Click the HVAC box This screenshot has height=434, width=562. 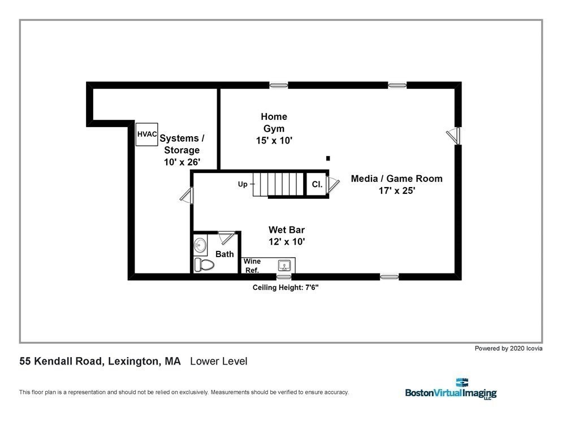tap(146, 134)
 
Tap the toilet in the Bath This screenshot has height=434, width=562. tap(204, 265)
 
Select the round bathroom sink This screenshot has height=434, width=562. tap(200, 245)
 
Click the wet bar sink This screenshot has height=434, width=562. tap(284, 266)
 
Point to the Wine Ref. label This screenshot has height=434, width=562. tap(252, 266)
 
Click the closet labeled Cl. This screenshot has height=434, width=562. tap(317, 184)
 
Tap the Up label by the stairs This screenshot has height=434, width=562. tap(243, 184)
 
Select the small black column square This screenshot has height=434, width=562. tap(328, 158)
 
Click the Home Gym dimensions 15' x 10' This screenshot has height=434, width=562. tap(274, 141)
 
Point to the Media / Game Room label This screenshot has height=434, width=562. tap(396, 179)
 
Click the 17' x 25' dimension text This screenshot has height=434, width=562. tap(397, 190)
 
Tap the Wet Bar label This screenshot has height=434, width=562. tap(287, 230)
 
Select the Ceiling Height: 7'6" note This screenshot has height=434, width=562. tap(286, 288)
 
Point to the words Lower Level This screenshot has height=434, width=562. tap(219, 361)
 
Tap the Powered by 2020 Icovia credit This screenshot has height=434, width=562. tap(508, 348)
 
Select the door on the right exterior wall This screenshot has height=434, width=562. tap(453, 136)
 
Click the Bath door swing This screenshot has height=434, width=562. tap(227, 237)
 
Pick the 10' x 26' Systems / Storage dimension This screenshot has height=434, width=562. tap(182, 162)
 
